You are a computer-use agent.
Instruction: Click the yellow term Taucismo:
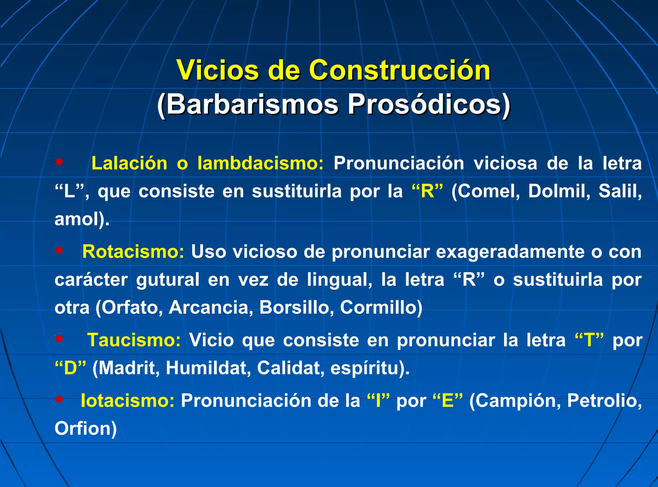coord(134,340)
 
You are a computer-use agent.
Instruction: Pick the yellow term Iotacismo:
coord(127,401)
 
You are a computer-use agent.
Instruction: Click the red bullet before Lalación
coord(59,162)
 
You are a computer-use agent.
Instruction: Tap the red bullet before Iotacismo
coord(59,399)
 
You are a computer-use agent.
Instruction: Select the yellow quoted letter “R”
coord(427,191)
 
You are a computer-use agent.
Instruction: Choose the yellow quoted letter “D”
coord(70,368)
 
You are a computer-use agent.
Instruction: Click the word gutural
coord(168,280)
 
